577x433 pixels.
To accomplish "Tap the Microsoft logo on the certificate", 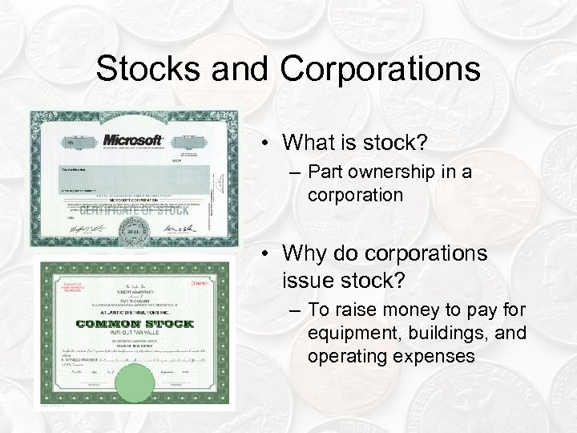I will tap(132, 140).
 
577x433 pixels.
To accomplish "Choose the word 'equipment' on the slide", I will tap(345, 332).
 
